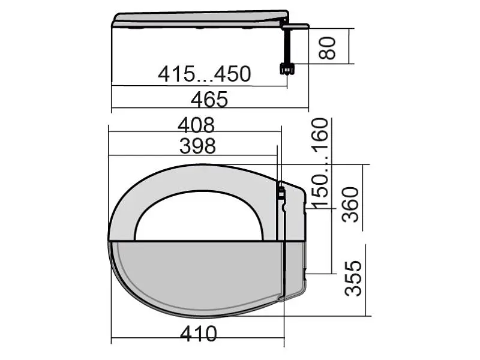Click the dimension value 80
click(x=327, y=48)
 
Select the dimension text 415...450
click(x=205, y=74)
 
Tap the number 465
click(x=209, y=100)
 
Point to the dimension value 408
click(x=196, y=125)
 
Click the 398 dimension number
click(x=197, y=146)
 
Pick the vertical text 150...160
click(x=320, y=163)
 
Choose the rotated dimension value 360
click(x=350, y=205)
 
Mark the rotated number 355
click(x=353, y=278)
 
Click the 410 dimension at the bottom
click(x=199, y=334)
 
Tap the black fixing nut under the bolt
click(x=287, y=68)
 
